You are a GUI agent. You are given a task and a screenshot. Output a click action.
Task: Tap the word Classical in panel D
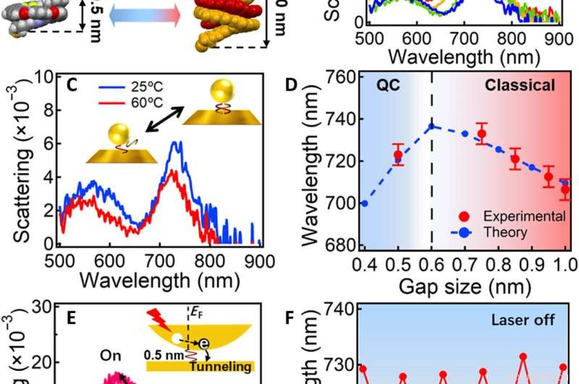click(520, 85)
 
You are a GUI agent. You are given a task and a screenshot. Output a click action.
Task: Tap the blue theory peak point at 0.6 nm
click(433, 126)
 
